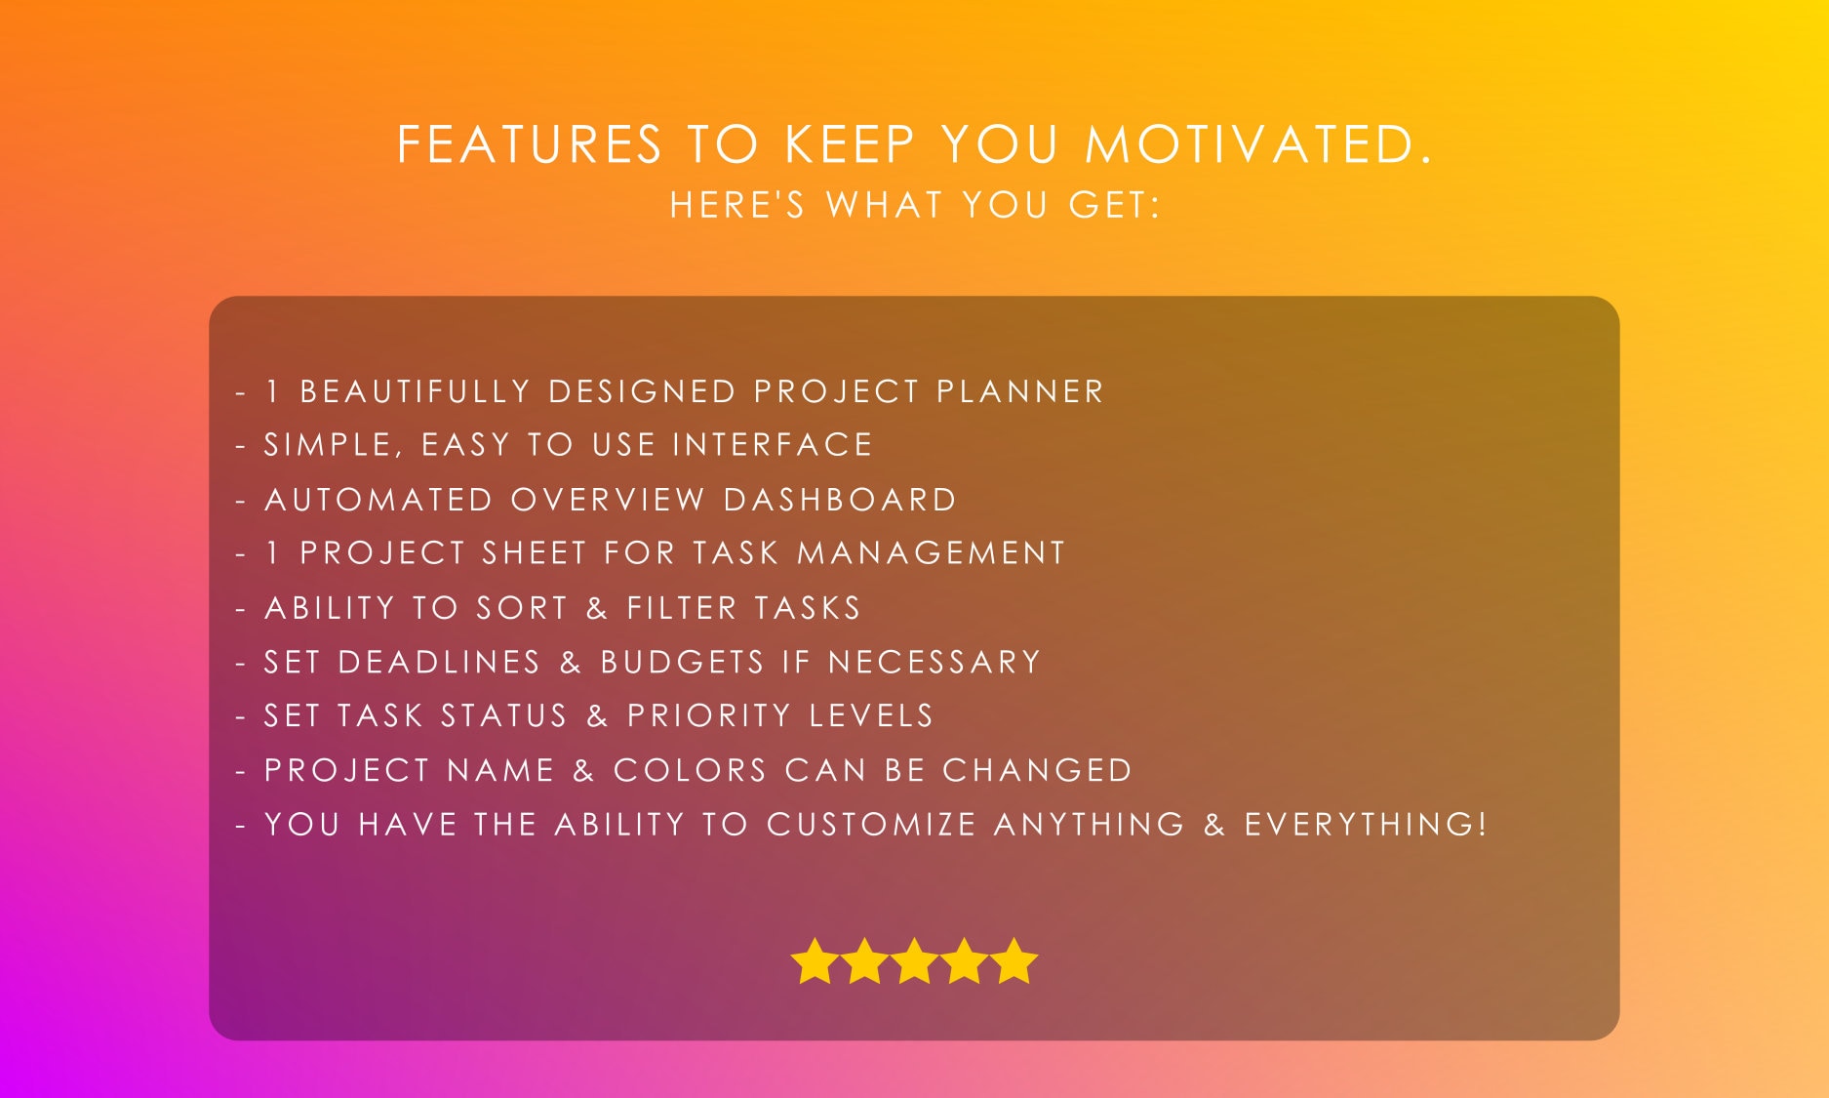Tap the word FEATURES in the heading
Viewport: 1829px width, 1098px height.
[530, 144]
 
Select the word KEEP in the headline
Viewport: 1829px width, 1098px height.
[850, 144]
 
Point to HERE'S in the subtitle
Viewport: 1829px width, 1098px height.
[737, 205]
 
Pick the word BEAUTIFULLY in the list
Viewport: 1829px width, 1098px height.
[415, 391]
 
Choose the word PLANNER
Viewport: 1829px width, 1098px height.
[1019, 391]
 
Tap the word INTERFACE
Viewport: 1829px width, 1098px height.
[773, 445]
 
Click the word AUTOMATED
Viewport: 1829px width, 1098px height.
[378, 500]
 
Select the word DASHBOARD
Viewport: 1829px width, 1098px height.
[840, 500]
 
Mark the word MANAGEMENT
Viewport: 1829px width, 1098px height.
[931, 553]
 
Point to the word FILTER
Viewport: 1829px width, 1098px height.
[682, 608]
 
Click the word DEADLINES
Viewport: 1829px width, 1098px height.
[439, 662]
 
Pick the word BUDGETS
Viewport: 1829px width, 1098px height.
[682, 662]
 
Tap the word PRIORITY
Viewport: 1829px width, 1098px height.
[708, 715]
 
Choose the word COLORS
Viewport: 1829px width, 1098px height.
[691, 770]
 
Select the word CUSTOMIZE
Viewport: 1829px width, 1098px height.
[871, 825]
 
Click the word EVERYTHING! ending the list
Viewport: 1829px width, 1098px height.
[1366, 825]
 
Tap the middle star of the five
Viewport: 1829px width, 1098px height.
[914, 961]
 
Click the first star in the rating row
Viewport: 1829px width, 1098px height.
[815, 961]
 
